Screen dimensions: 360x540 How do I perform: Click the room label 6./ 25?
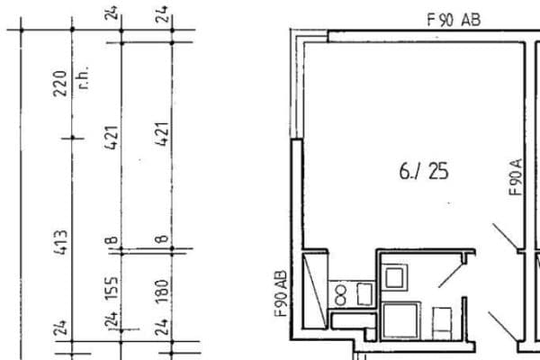[x=424, y=171]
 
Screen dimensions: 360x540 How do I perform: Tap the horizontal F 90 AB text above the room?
[x=454, y=18]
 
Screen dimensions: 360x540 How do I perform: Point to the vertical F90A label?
[x=515, y=177]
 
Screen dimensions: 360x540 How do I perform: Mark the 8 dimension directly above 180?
[x=163, y=240]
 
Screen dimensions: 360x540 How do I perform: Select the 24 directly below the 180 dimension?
[x=163, y=326]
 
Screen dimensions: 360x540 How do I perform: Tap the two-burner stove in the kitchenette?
[x=341, y=292]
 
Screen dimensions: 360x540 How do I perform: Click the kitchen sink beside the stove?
[x=364, y=292]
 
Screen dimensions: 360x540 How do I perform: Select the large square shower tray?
[x=401, y=320]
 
